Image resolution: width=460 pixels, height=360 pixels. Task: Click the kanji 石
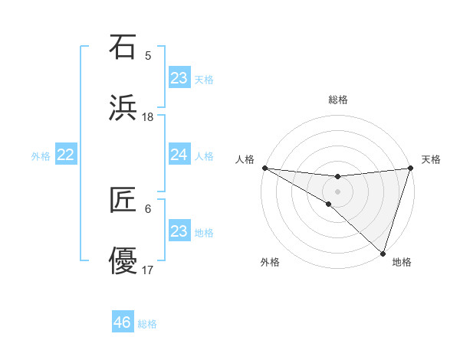click(x=123, y=47)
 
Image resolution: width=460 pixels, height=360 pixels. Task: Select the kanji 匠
click(x=123, y=201)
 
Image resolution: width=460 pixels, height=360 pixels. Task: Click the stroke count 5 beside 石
click(x=148, y=56)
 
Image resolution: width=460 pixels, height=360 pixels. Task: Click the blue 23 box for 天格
click(x=179, y=78)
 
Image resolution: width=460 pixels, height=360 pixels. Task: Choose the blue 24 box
click(x=179, y=155)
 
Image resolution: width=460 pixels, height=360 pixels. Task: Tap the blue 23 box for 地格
click(x=179, y=231)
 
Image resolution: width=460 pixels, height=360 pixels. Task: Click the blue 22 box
click(x=66, y=155)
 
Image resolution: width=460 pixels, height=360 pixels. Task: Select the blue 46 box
click(x=123, y=322)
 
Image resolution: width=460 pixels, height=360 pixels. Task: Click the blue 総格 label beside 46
click(x=147, y=324)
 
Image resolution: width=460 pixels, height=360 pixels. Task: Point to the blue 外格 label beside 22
click(x=41, y=156)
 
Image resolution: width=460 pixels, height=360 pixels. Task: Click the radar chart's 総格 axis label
click(x=337, y=100)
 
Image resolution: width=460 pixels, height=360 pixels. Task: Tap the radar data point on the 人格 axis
click(x=264, y=168)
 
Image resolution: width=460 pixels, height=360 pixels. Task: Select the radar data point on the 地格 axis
click(x=383, y=254)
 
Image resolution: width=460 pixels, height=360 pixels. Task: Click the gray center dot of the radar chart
click(x=337, y=191)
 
